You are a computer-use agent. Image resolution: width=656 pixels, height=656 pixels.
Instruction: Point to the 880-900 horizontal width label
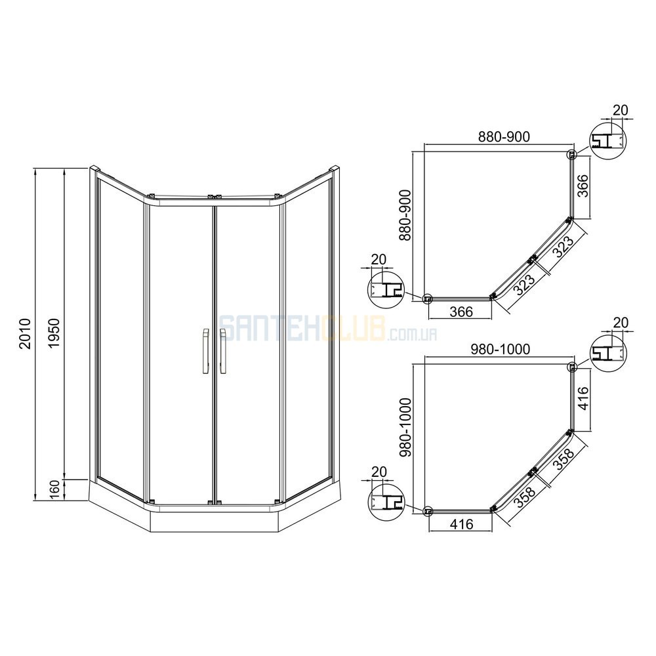tap(504, 137)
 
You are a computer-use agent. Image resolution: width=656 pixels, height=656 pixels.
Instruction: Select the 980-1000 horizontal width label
tap(501, 349)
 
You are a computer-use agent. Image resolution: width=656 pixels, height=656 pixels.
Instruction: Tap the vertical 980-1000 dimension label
tap(406, 427)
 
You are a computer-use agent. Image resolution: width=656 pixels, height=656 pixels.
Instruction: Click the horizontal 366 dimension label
tap(462, 311)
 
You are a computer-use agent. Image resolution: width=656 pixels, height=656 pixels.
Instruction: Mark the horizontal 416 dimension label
tap(462, 523)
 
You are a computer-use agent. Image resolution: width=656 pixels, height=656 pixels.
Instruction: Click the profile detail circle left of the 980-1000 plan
tap(386, 502)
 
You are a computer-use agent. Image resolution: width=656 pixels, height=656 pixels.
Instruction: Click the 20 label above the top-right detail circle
tap(621, 110)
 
